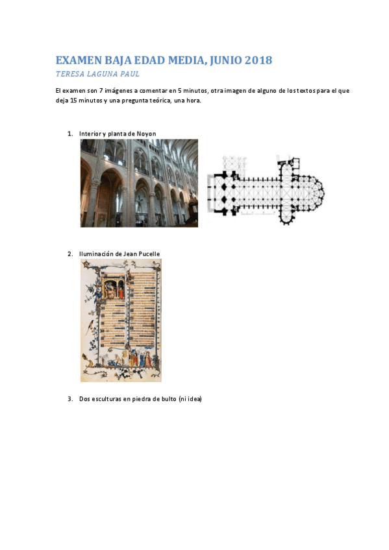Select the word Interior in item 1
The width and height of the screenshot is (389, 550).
[x=90, y=134]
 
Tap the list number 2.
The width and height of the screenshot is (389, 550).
[x=69, y=254]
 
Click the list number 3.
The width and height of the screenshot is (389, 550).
[x=69, y=399]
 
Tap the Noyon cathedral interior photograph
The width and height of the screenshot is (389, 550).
[x=139, y=183]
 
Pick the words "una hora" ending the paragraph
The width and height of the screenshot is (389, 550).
[x=188, y=100]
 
